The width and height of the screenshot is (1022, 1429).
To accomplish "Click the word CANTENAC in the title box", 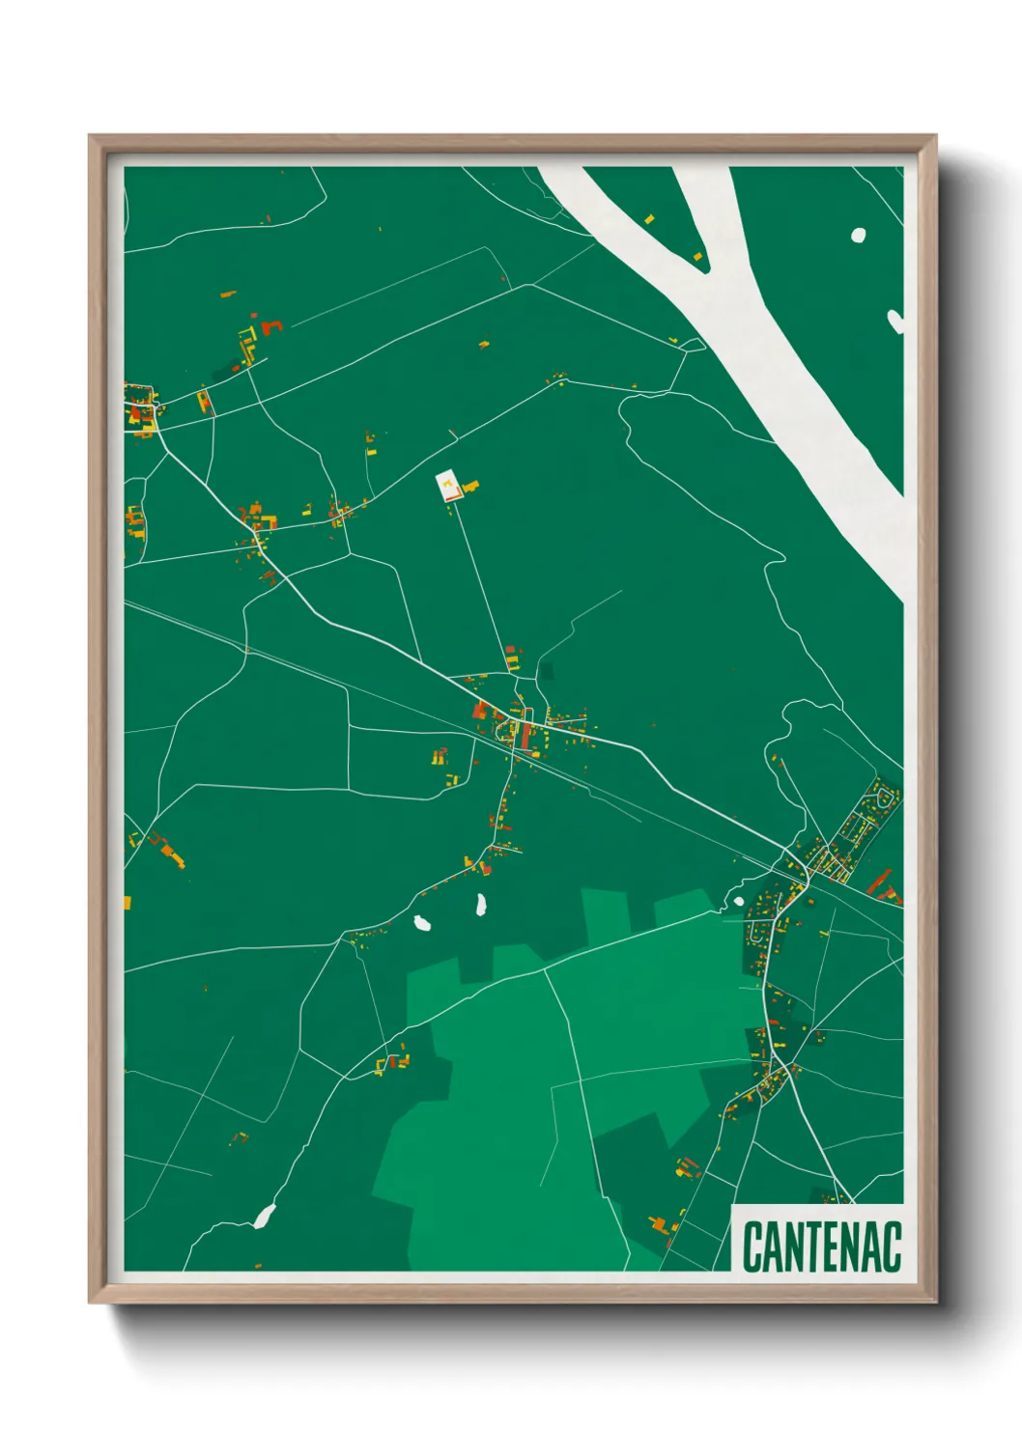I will coord(822,1247).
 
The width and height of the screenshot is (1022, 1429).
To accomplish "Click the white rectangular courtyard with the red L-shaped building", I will coord(447,486).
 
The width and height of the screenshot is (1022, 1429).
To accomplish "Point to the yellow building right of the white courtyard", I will coord(471,487).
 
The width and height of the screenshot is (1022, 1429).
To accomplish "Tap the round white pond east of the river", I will coord(858,234).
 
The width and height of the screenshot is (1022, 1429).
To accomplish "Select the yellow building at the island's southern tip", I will coord(697,256).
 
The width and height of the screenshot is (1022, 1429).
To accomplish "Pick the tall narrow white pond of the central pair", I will coord(480,906).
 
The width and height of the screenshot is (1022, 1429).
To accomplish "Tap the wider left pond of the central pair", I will coord(422,923).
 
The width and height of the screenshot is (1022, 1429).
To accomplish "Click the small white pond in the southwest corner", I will coord(263,1217).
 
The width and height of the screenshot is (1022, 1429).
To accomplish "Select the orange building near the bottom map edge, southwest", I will coord(257,1265).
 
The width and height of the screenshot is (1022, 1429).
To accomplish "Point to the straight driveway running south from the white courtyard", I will coord(481,579).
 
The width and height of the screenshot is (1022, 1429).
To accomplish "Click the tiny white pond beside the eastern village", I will coord(739,901).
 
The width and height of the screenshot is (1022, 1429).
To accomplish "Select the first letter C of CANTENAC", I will coord(752,1247).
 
